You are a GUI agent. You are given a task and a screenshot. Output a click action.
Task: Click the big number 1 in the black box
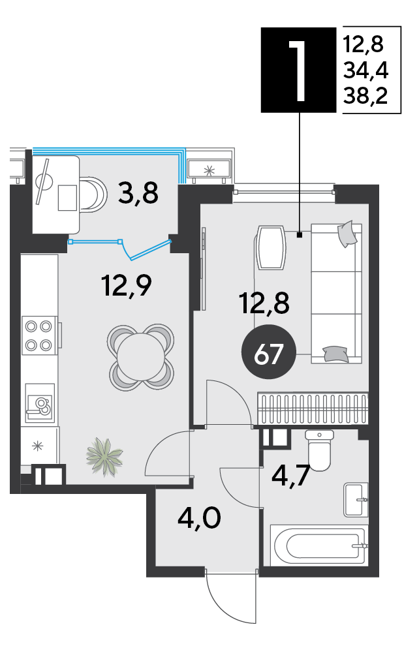pos(298,70)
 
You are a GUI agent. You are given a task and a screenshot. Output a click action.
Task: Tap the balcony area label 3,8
pos(138,193)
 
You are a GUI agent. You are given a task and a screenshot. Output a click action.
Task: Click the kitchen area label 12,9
pos(127,285)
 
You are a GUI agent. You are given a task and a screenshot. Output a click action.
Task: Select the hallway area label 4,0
pos(200,518)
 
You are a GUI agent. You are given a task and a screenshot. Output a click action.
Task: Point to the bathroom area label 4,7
pos(290,476)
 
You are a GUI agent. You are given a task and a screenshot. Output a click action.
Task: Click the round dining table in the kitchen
pos(140,357)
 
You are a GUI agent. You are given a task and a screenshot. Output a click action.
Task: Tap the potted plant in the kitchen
pos(104,457)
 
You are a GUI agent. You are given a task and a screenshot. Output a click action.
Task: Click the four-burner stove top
pos(39,335)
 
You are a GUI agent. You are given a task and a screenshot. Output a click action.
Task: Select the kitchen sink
pos(40,403)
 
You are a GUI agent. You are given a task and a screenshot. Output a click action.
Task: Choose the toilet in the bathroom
pos(319,450)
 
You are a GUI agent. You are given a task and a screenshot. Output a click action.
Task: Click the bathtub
pos(318,546)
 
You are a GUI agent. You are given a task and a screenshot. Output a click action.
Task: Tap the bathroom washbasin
pos(356,500)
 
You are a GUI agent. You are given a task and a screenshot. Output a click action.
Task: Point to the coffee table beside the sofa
pos(271,247)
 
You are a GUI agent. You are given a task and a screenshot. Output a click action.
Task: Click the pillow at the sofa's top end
pos(347,234)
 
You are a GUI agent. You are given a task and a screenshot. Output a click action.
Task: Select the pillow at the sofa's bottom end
pos(335,354)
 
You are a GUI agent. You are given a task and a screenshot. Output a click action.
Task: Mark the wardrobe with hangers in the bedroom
pos(313,408)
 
